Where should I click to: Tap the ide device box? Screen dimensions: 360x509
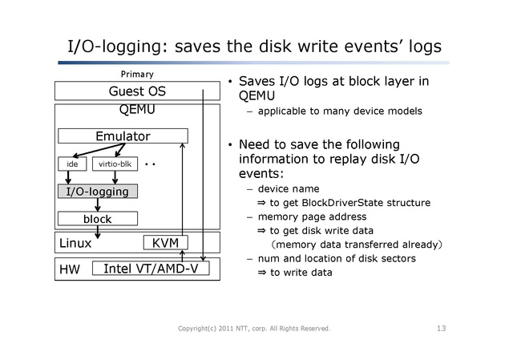click(73, 164)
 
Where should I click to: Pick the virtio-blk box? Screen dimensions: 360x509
click(115, 164)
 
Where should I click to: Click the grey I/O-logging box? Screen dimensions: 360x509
click(97, 192)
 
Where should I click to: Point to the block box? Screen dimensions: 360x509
click(97, 218)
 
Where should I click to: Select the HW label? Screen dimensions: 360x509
click(70, 271)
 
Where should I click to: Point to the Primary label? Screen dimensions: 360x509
click(136, 74)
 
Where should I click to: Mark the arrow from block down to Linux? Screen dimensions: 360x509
click(97, 231)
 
